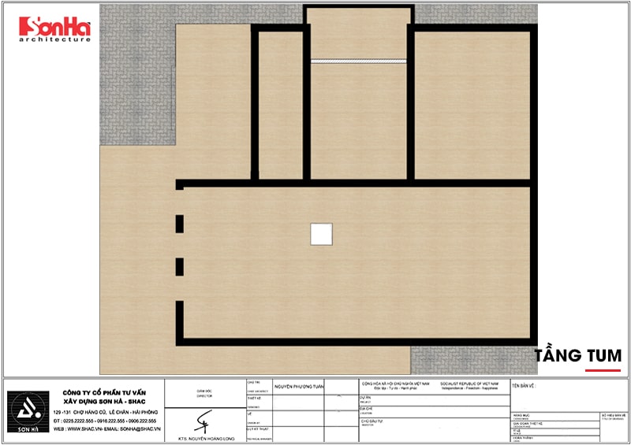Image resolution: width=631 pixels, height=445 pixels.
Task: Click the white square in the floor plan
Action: coord(321,234)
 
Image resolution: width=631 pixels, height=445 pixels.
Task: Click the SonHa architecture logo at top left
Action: coord(54,29)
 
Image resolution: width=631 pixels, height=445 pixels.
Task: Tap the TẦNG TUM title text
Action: coord(577,356)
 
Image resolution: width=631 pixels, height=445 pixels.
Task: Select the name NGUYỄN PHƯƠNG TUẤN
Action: coord(299,387)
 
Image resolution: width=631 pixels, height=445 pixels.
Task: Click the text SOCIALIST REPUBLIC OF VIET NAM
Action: coord(472,383)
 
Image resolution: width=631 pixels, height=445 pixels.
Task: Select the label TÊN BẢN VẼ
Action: coord(524,386)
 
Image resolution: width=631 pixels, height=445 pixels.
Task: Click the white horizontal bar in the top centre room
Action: coord(358,60)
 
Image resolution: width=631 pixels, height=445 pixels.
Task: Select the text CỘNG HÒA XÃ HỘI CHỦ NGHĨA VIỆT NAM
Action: coord(395,383)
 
